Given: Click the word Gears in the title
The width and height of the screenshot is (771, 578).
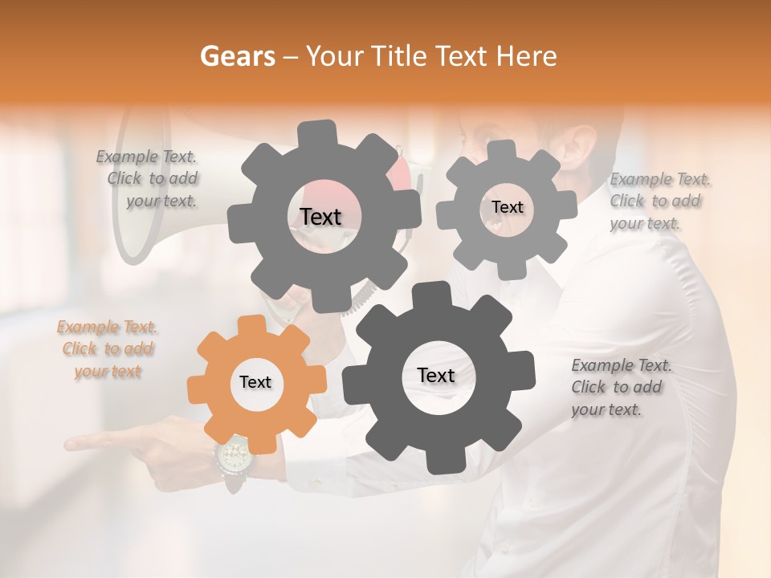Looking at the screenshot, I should coord(237,56).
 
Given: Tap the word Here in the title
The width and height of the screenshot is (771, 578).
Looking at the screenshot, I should coord(527,56).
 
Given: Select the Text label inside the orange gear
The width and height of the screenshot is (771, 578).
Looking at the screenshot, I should coord(255,383).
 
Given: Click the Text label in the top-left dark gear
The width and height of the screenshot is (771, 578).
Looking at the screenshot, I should coord(320,217).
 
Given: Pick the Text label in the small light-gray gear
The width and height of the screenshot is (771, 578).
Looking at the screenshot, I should coord(507,207).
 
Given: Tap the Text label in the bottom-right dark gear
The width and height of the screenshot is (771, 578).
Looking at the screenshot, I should coord(436,376).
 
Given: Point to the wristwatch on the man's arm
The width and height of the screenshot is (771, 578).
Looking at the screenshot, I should coord(234,460).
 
